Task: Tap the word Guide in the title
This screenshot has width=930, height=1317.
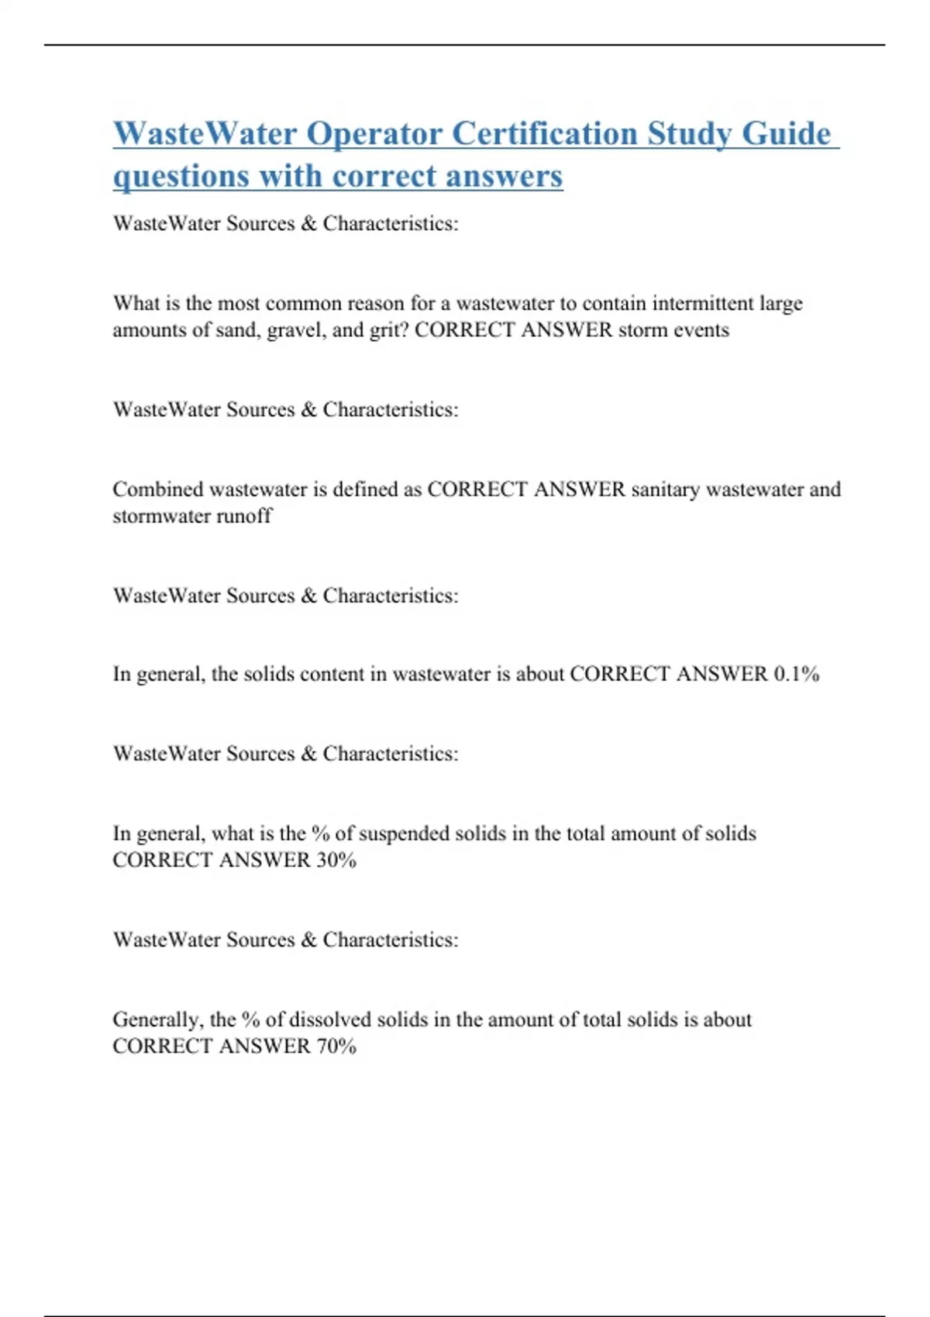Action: (x=786, y=133)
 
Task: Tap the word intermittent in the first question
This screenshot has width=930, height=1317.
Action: (x=702, y=303)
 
